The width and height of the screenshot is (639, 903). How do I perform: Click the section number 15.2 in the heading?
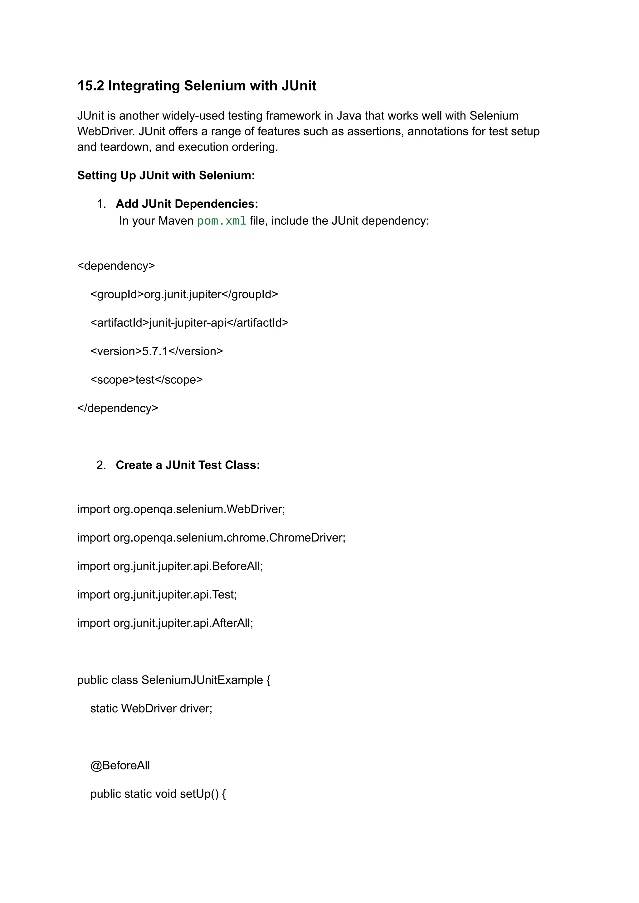point(90,86)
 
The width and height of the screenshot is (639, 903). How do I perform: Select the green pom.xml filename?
point(222,221)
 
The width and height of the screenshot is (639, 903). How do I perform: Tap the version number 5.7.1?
point(155,351)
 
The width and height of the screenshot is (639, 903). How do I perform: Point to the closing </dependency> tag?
point(118,408)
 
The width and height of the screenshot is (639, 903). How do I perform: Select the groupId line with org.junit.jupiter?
point(184,294)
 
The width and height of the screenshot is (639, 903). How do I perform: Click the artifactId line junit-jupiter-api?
point(189,323)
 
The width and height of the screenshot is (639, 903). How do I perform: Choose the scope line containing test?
point(146,380)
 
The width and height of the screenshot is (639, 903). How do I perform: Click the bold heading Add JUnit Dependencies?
point(187,204)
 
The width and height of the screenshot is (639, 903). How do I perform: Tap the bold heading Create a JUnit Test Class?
point(188,465)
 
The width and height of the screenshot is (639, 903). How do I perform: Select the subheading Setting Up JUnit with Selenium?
point(166,175)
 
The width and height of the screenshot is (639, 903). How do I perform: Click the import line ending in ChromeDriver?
point(211,538)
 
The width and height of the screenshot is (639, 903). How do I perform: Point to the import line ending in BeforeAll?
point(170,566)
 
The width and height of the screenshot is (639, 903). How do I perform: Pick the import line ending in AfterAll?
point(165,623)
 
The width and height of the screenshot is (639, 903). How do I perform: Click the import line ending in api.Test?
point(157,595)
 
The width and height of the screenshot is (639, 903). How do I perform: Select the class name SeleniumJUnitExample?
point(202,680)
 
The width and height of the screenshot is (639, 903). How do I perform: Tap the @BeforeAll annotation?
point(120,766)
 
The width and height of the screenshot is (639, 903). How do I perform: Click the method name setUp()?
point(199,794)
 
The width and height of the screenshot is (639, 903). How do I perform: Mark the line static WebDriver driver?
point(151,709)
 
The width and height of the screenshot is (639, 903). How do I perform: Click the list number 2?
point(101,465)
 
